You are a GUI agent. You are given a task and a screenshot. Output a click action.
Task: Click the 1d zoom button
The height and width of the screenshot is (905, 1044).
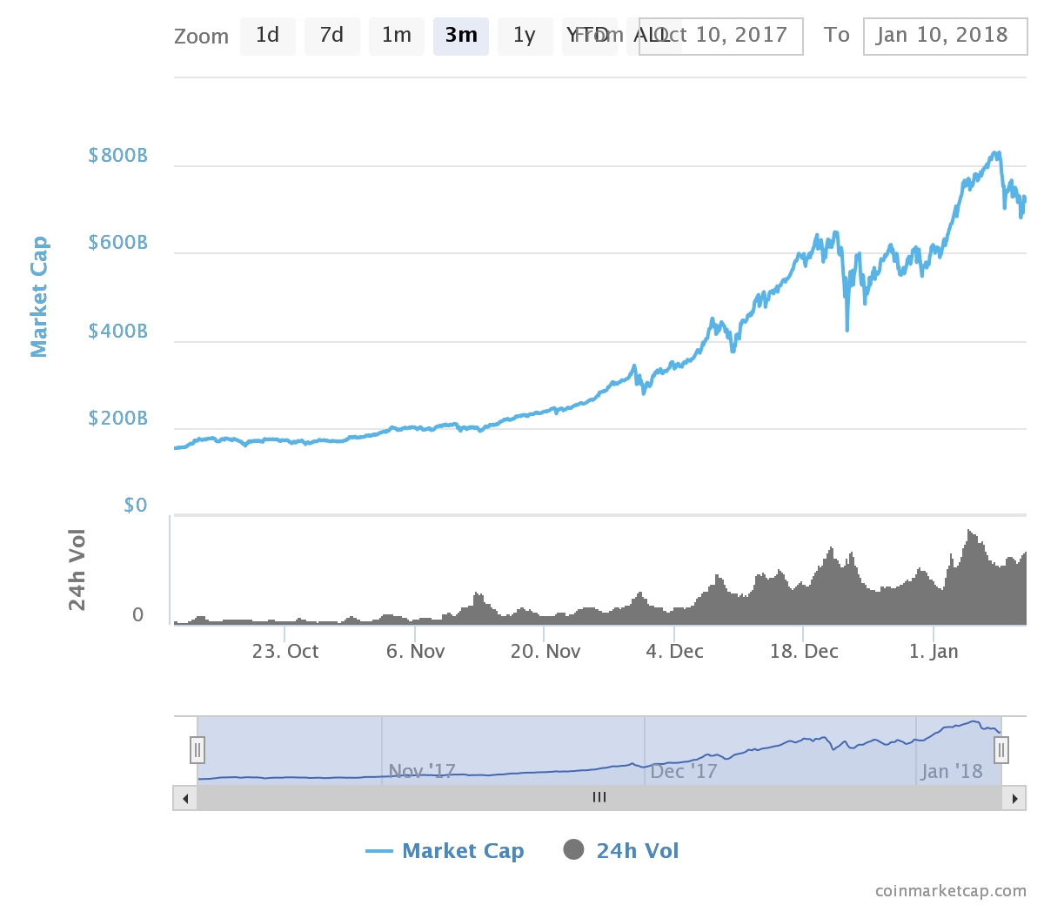pos(267,36)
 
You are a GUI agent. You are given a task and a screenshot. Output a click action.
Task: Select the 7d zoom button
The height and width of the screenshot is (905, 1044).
pos(331,36)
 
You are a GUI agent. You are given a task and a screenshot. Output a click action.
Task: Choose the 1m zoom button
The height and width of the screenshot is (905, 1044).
pos(396,36)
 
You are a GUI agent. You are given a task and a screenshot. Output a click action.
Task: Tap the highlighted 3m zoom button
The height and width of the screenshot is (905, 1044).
pos(460,36)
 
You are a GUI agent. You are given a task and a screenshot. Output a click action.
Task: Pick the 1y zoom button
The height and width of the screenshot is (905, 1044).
pos(525,36)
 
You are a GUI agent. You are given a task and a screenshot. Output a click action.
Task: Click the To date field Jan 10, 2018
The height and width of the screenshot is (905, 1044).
pos(945,36)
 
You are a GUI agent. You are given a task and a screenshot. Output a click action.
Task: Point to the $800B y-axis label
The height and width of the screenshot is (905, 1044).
pos(118,156)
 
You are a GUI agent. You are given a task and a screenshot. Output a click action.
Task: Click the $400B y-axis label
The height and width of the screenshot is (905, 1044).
pos(118,332)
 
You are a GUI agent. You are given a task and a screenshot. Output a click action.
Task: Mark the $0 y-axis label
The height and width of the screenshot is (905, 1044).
pos(136,506)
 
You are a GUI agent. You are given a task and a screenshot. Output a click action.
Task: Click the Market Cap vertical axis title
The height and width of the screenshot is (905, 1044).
pos(39,297)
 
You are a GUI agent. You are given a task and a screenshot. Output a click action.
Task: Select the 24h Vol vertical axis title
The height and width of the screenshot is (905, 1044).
pos(77,570)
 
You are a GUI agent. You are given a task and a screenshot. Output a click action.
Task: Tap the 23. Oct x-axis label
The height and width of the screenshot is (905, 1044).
pos(285,652)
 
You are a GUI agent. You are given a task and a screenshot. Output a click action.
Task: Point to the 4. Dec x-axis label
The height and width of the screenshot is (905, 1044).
pos(674,652)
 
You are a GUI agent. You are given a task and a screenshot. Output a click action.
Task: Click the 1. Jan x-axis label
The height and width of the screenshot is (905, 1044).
pos(934,652)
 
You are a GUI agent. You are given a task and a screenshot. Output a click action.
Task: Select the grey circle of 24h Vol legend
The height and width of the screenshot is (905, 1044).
pos(573,849)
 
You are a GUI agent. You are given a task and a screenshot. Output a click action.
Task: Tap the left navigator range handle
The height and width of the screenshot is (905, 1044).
pos(197,749)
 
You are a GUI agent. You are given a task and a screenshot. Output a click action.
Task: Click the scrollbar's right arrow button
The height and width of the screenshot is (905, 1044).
pos(1014,798)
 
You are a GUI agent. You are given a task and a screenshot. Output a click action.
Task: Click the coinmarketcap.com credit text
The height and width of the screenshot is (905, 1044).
pos(950,890)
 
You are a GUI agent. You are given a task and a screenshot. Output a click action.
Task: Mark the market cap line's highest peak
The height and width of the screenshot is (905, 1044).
pos(996,153)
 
